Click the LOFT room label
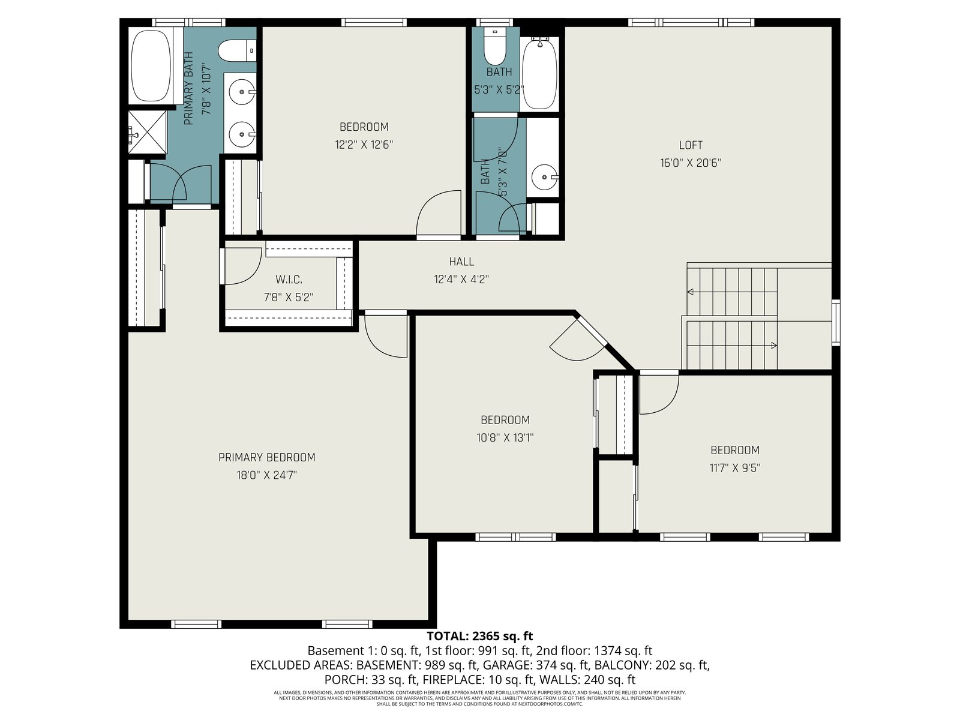[691, 145]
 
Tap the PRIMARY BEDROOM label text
[267, 457]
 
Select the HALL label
[461, 262]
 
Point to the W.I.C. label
[289, 280]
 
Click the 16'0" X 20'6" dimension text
[691, 163]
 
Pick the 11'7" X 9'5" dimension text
[735, 468]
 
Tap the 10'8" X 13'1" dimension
[505, 437]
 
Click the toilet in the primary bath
[236, 50]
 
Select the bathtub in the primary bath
[151, 65]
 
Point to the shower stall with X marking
[148, 132]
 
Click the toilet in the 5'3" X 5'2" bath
[494, 46]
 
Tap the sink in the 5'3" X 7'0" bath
[545, 177]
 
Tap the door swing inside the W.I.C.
[243, 266]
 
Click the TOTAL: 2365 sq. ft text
[480, 635]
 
